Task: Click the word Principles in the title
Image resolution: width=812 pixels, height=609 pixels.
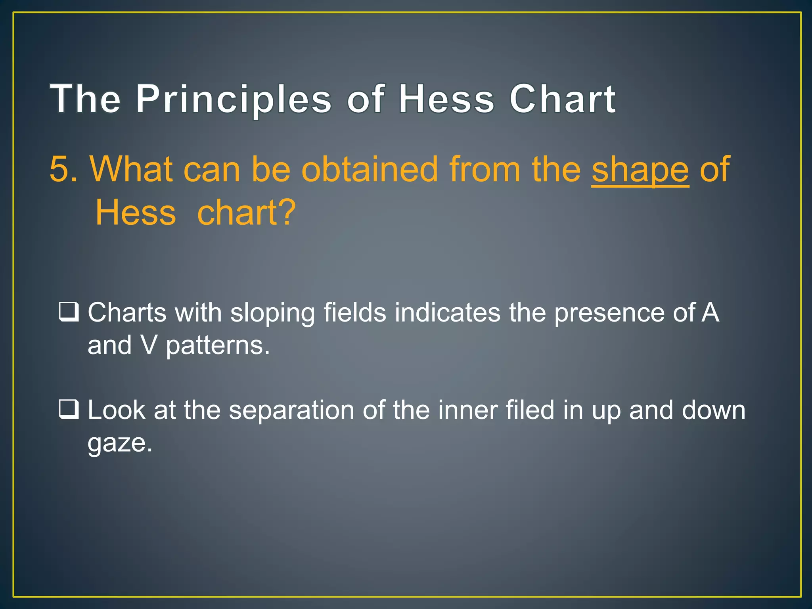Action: click(234, 99)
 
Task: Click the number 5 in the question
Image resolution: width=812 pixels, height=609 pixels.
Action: click(59, 170)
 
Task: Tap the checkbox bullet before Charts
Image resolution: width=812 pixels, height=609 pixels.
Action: click(69, 312)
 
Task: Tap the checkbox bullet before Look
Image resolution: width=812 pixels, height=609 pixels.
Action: click(69, 410)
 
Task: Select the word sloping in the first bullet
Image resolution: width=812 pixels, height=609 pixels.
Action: click(272, 313)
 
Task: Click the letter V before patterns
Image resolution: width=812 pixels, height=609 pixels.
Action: click(149, 345)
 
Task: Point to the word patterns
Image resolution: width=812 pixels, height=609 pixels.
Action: click(217, 346)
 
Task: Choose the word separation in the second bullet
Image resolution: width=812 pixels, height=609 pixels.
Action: click(291, 410)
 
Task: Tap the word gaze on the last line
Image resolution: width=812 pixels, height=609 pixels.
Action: click(119, 443)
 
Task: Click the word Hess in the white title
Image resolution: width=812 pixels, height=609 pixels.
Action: click(446, 99)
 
